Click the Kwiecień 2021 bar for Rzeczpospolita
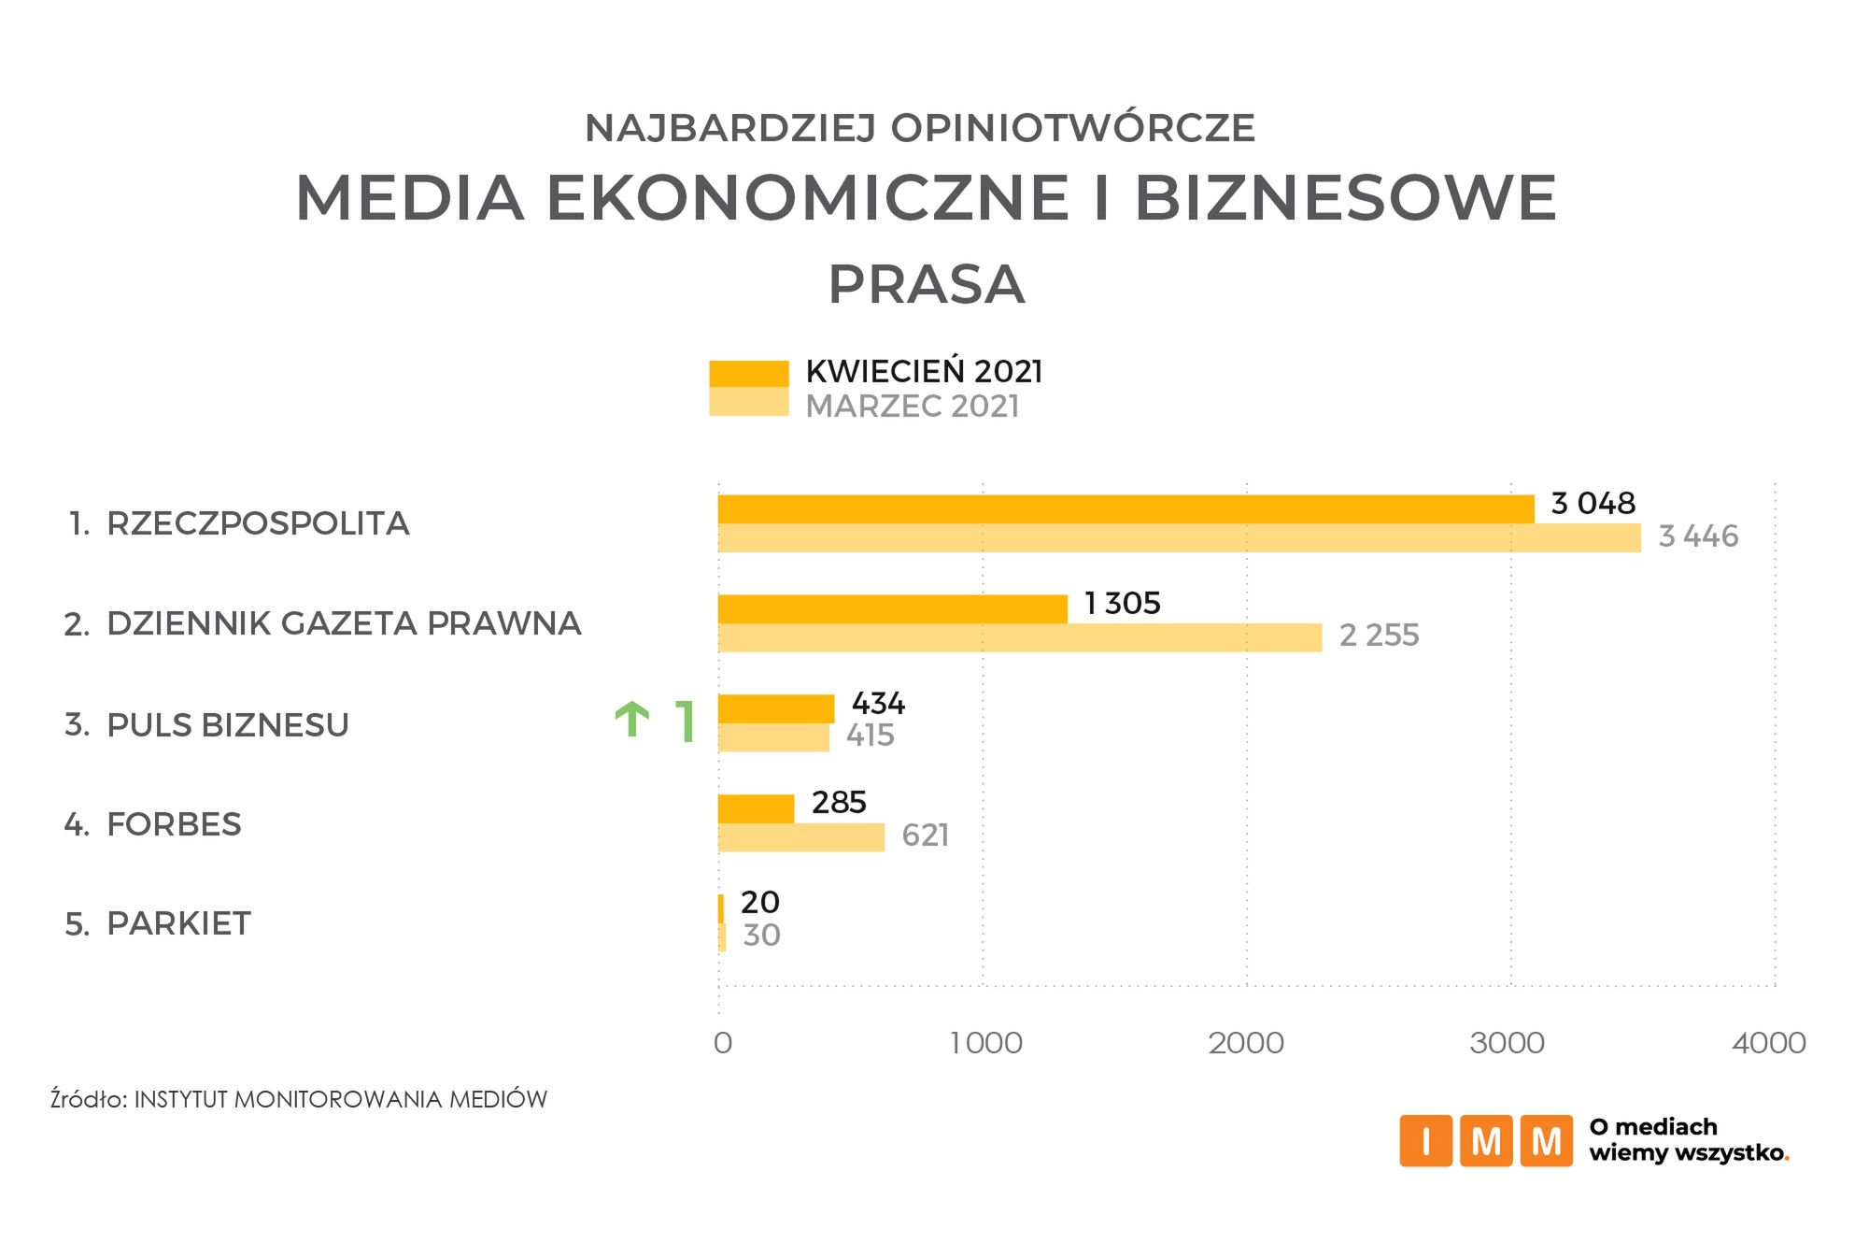[1126, 509]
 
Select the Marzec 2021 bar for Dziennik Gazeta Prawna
[1020, 637]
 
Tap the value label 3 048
[1593, 504]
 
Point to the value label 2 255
[1379, 636]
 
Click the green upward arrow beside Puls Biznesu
[632, 721]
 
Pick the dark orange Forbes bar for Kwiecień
[756, 808]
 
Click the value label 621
[925, 835]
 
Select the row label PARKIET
[178, 923]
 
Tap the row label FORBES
[174, 824]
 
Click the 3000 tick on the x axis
[1507, 1043]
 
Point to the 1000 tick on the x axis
[985, 1043]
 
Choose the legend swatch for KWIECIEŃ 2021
[748, 373]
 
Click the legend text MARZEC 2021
[912, 407]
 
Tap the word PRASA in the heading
[927, 284]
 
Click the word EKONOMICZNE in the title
[807, 198]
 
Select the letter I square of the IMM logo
[1425, 1140]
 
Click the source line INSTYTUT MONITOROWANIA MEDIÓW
[340, 1099]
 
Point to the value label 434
[877, 703]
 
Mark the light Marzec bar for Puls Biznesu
[773, 737]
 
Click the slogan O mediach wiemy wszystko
[1688, 1140]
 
